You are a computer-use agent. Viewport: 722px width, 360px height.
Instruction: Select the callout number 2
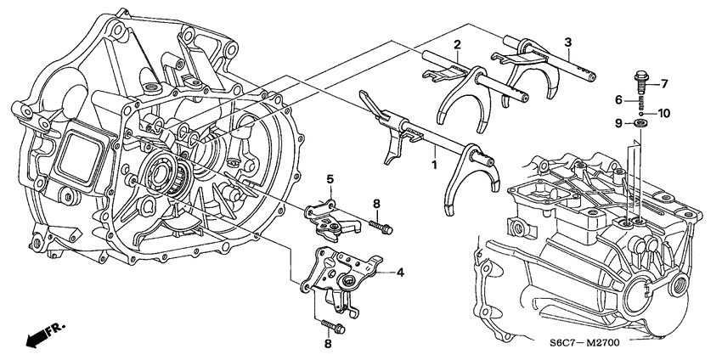(456, 44)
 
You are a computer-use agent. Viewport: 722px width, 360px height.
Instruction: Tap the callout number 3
(568, 42)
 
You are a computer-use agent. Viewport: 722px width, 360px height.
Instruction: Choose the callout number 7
(664, 83)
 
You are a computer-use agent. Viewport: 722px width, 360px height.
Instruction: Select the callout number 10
(664, 112)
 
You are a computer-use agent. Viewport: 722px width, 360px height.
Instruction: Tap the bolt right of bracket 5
(381, 227)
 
